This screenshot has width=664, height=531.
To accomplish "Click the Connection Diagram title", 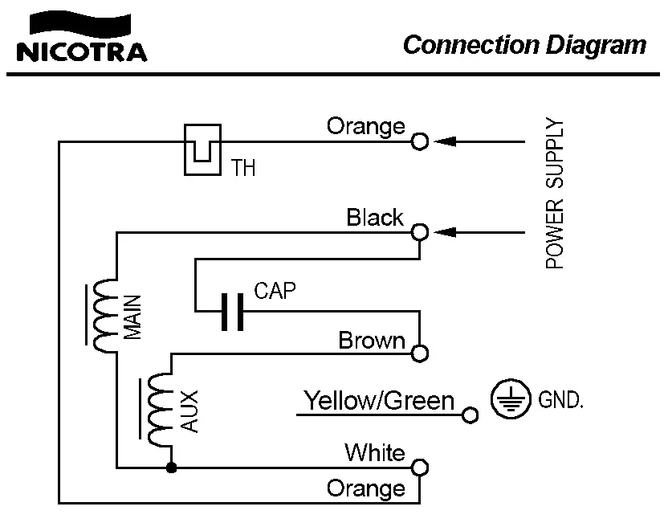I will tap(524, 44).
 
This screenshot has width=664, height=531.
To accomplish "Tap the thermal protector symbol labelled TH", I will tap(202, 149).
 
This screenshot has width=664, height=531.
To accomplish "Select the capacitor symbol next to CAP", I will tap(232, 312).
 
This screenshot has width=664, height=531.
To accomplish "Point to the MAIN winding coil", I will tap(104, 316).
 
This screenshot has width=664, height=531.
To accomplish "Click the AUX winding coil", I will tap(160, 409).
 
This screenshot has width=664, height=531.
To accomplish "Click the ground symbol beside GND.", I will tap(511, 399).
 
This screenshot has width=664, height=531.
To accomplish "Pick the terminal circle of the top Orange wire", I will tap(419, 141).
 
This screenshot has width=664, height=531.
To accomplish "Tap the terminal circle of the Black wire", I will tap(419, 232).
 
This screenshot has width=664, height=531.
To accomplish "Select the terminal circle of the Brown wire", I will tap(420, 353).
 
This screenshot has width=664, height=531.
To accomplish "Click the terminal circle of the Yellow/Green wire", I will tap(471, 415).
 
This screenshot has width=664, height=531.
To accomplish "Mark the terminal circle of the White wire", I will tap(420, 468).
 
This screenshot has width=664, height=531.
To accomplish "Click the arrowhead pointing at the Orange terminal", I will tap(445, 141).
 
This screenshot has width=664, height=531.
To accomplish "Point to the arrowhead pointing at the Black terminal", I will tap(445, 232).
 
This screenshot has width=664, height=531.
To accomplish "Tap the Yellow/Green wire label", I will tap(378, 400).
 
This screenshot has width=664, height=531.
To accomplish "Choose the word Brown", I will tap(371, 341).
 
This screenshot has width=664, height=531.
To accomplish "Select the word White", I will tap(374, 452).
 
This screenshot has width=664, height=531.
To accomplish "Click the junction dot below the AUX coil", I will tap(170, 468).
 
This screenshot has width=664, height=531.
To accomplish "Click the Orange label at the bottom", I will tap(365, 488).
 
